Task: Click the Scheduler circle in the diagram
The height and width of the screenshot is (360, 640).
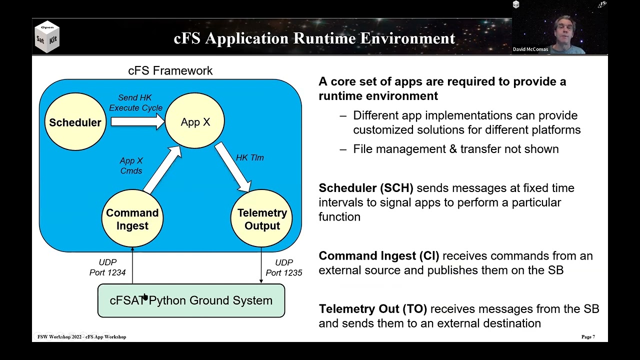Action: click(75, 122)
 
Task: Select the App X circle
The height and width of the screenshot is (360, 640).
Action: click(195, 122)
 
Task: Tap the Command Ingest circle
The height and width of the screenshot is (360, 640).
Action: click(132, 219)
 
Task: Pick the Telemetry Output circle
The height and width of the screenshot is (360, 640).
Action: click(262, 219)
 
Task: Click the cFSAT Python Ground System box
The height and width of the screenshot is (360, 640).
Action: click(191, 300)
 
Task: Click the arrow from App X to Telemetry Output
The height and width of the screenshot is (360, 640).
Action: click(233, 167)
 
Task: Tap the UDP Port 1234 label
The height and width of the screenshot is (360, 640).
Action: click(107, 267)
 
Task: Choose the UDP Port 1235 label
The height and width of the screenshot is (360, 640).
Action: click(283, 267)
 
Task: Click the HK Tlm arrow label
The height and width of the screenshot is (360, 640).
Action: click(249, 157)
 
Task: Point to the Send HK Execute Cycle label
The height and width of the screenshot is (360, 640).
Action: click(135, 102)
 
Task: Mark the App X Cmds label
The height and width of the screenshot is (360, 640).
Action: click(131, 165)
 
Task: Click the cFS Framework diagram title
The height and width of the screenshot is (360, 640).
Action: click(170, 71)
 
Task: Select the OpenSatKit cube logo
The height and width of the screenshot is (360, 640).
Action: click(47, 37)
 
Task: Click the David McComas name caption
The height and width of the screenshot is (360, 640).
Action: click(530, 49)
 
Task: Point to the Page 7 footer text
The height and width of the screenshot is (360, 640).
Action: click(588, 337)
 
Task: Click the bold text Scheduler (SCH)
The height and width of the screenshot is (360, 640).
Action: click(366, 188)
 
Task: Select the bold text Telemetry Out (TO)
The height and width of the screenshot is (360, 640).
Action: click(373, 309)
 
